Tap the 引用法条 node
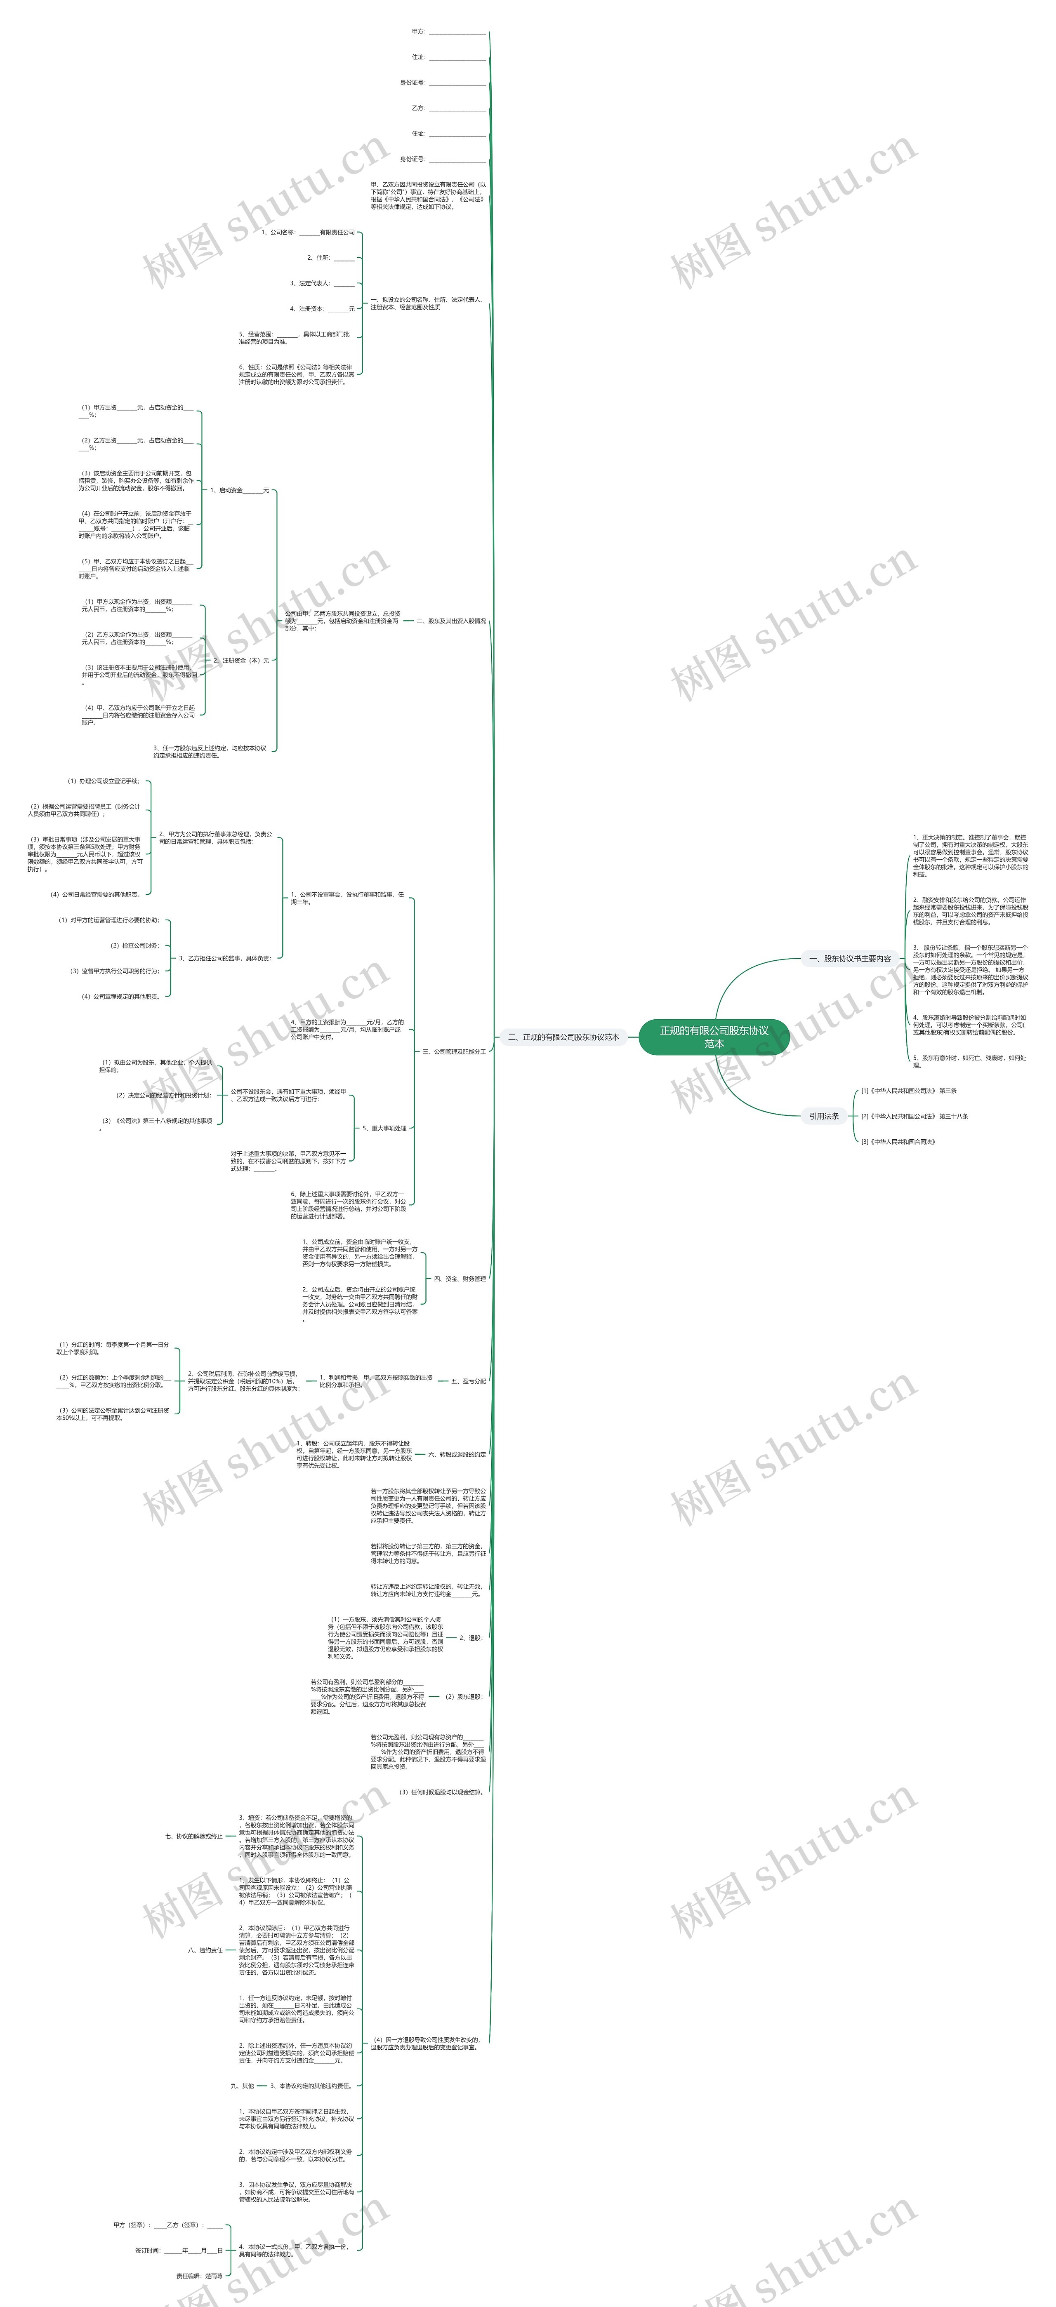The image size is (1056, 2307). tap(824, 1116)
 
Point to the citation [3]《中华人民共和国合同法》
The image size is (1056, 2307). tap(898, 1142)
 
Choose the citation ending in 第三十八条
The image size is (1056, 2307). tap(914, 1116)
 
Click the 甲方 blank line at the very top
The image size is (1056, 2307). tap(448, 32)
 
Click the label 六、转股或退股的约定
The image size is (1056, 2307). tap(457, 1454)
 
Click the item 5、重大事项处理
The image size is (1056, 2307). tap(384, 1129)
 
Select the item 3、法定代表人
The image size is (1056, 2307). tap(322, 283)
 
